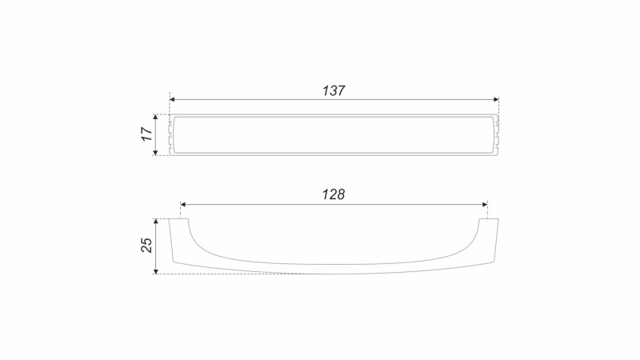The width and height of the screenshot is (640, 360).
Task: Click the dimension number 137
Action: (x=334, y=90)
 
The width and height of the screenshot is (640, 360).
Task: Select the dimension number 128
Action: (x=334, y=194)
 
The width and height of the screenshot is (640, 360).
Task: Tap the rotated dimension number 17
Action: (x=146, y=134)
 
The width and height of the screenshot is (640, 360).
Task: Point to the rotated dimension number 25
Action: (x=146, y=246)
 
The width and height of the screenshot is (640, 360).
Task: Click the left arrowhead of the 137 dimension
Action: (x=172, y=99)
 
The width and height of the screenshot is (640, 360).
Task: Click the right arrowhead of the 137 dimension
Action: (x=496, y=99)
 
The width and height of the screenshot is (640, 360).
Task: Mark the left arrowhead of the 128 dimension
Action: (x=183, y=205)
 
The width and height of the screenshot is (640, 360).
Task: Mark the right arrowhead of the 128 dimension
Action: (x=485, y=205)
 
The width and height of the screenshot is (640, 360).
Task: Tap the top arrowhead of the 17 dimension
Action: (x=155, y=118)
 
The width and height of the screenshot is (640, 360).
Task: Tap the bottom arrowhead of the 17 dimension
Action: (x=155, y=152)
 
